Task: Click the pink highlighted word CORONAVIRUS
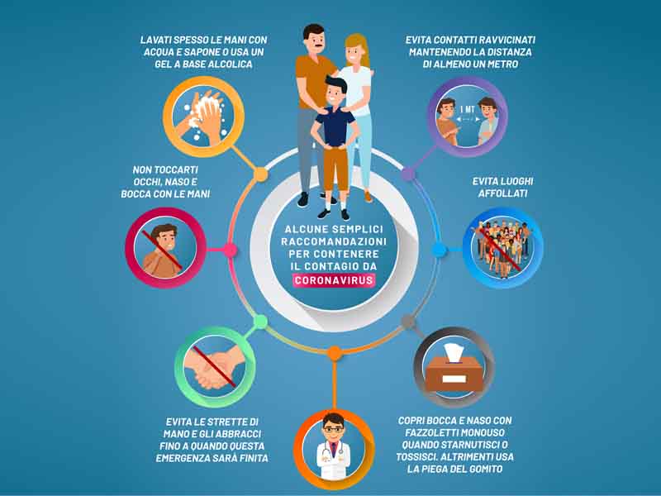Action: [x=334, y=279]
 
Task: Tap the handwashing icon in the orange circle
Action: [x=203, y=117]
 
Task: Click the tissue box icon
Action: [x=453, y=367]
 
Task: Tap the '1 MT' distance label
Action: [x=467, y=108]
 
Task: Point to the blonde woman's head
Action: [x=356, y=51]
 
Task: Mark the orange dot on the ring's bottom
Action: [x=334, y=353]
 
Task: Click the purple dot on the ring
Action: [x=408, y=174]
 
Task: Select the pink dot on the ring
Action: [x=231, y=249]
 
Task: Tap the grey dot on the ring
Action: [x=408, y=321]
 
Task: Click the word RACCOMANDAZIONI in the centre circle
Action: [x=334, y=240]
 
